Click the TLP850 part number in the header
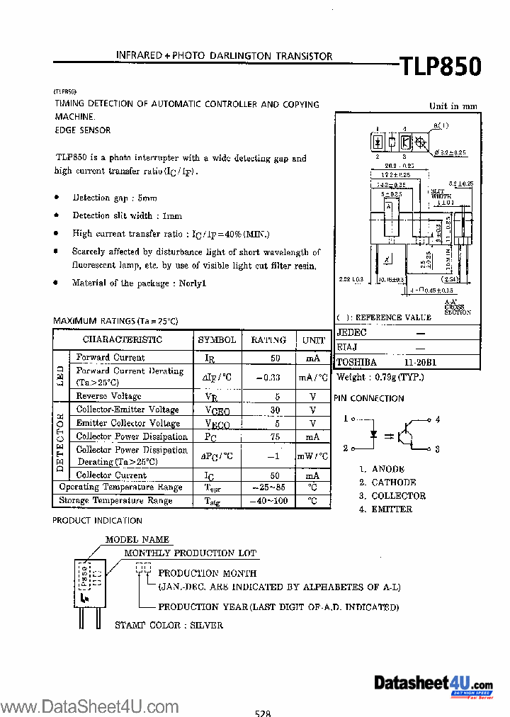(441, 66)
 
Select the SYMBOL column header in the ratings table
(217, 340)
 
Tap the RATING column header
(268, 340)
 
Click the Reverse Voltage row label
(108, 396)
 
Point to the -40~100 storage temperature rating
(269, 501)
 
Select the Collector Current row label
(111, 475)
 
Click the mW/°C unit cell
(312, 456)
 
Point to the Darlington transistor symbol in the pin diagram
(408, 433)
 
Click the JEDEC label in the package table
(352, 332)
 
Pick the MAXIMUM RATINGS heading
(115, 321)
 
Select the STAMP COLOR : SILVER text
(169, 625)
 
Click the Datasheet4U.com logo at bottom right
(432, 684)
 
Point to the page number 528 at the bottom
(263, 712)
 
